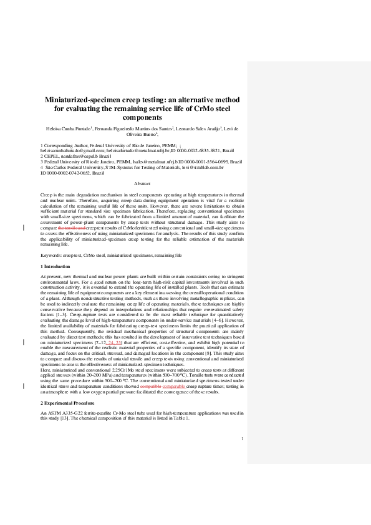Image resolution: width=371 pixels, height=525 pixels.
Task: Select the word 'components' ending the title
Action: coord(142,117)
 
